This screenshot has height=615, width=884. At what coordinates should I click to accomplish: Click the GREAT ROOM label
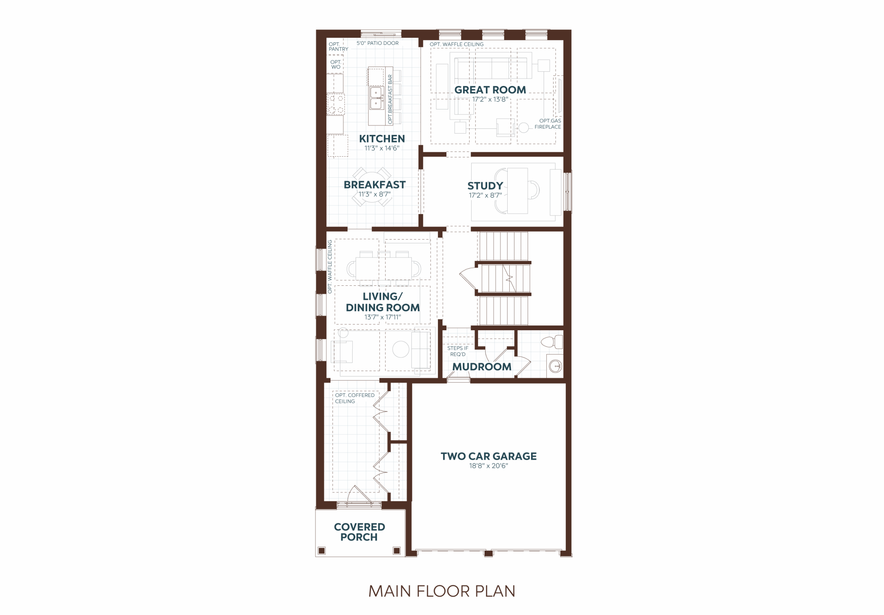click(x=490, y=90)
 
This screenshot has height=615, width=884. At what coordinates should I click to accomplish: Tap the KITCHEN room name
click(x=382, y=138)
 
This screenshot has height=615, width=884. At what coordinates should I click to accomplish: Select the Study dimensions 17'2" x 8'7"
click(x=485, y=195)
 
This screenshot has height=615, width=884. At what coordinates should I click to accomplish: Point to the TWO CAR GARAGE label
click(x=489, y=456)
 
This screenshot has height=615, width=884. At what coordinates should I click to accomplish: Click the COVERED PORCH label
click(x=359, y=532)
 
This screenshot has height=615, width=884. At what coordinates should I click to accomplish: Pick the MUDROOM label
click(x=482, y=367)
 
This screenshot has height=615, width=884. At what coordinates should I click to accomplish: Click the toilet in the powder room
click(x=552, y=342)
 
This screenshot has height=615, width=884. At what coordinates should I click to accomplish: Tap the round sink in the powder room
click(x=555, y=367)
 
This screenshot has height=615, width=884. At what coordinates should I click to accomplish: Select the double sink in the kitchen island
click(x=376, y=98)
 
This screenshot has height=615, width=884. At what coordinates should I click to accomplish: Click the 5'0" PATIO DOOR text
click(x=377, y=43)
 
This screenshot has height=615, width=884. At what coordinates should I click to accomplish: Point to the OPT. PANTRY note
click(x=338, y=47)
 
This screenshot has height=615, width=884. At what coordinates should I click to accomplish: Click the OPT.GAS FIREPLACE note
click(x=548, y=124)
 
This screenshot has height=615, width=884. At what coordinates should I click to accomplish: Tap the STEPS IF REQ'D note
click(x=458, y=351)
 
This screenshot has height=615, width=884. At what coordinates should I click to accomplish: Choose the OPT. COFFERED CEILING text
click(x=355, y=398)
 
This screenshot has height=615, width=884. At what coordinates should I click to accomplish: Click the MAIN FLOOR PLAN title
click(x=442, y=591)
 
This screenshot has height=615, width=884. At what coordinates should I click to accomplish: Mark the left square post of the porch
click(x=322, y=550)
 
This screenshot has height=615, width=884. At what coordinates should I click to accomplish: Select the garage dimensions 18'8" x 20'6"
click(x=488, y=466)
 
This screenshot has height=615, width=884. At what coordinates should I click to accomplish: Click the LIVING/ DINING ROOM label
click(x=382, y=302)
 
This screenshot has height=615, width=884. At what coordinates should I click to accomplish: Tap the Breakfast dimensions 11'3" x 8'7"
click(x=374, y=194)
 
